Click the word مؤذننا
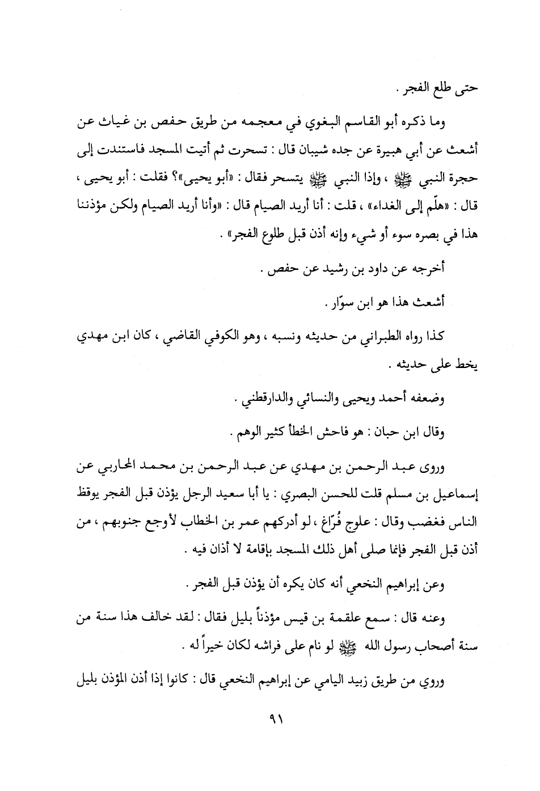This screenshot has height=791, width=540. pyautogui.click(x=94, y=206)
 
